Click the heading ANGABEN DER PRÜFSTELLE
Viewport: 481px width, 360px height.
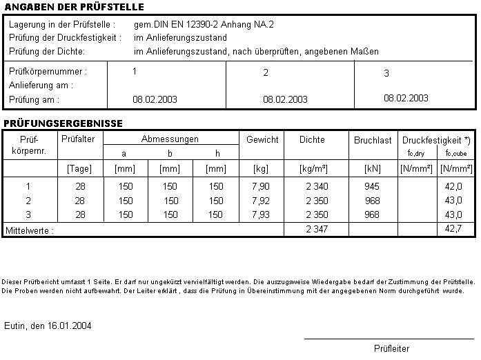coord(74,7)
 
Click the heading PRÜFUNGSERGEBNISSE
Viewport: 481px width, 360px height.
coord(63,123)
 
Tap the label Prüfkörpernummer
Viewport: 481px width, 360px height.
coord(48,71)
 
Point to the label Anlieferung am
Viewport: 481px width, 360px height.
coord(41,86)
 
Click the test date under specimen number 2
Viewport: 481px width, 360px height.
coord(285,99)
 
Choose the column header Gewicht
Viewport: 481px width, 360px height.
coord(262,139)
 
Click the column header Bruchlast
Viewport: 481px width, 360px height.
coord(373,140)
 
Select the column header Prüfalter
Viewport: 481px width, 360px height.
coord(78,139)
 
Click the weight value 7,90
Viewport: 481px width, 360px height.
coord(262,186)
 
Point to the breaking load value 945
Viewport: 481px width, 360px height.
coord(371,186)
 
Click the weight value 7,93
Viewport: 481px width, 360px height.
coord(262,215)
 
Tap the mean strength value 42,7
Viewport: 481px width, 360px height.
coord(454,229)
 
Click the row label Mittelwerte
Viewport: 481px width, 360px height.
coord(29,230)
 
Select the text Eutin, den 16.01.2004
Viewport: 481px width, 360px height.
coord(48,326)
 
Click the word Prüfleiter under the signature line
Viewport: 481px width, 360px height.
coord(391,348)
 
